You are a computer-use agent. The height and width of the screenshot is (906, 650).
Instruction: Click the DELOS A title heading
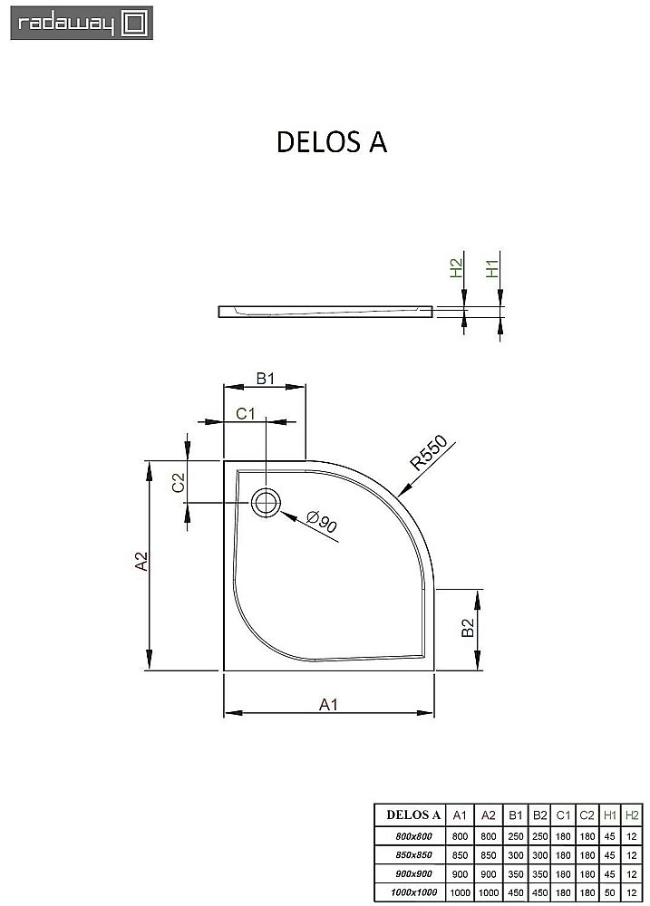[x=331, y=143]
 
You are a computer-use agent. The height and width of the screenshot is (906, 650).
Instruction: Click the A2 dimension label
[x=141, y=563]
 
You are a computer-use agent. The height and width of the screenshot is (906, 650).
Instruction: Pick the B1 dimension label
[x=264, y=379]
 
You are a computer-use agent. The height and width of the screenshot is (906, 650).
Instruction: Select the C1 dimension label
[x=247, y=414]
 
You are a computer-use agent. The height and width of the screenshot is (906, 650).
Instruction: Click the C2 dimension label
[x=179, y=482]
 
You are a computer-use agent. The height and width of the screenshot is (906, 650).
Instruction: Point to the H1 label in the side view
[x=492, y=268]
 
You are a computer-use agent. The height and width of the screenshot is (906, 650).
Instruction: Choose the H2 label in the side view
[x=456, y=268]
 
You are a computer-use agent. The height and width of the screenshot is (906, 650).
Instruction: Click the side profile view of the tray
[x=327, y=312]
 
